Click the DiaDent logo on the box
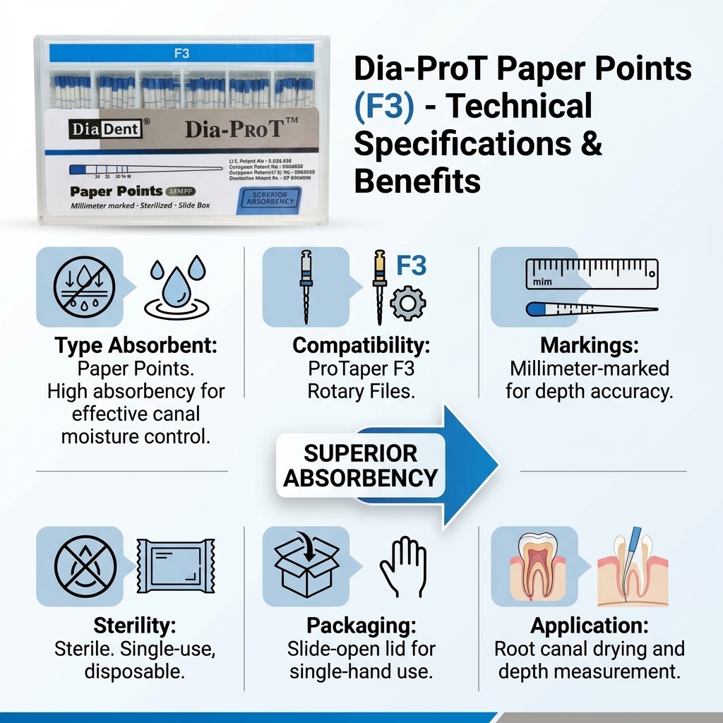click(x=105, y=129)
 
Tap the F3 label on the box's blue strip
click(x=181, y=52)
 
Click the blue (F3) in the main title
click(x=386, y=107)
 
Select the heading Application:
click(x=590, y=626)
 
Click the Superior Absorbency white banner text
click(x=360, y=466)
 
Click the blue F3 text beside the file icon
click(x=412, y=265)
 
